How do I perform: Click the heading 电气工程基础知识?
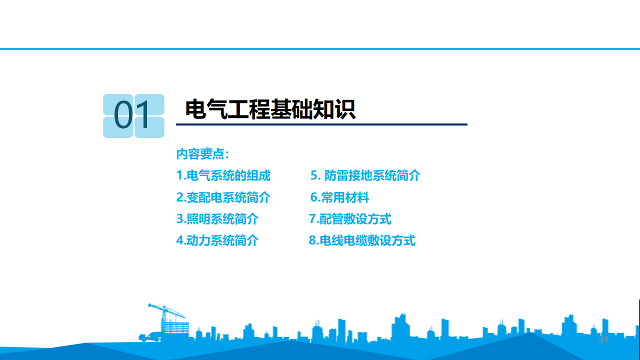(x=270, y=109)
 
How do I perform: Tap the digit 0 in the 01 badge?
(x=123, y=115)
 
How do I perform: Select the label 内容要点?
(x=202, y=154)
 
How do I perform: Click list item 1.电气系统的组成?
(x=223, y=175)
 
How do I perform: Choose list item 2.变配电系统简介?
(x=223, y=197)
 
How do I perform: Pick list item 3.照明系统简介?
(x=217, y=219)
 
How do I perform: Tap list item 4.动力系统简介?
(x=217, y=240)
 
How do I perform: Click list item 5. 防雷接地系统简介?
(x=365, y=175)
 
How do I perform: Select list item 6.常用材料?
(x=339, y=197)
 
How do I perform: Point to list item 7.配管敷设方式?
(x=350, y=219)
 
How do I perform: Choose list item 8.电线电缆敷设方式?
(x=362, y=240)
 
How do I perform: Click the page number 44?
(x=603, y=339)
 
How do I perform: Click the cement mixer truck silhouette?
(x=150, y=336)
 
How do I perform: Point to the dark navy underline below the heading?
(x=321, y=124)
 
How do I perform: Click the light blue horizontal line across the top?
(x=320, y=49)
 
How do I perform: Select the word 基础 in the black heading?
(x=291, y=109)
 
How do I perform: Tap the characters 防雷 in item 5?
(x=336, y=175)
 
